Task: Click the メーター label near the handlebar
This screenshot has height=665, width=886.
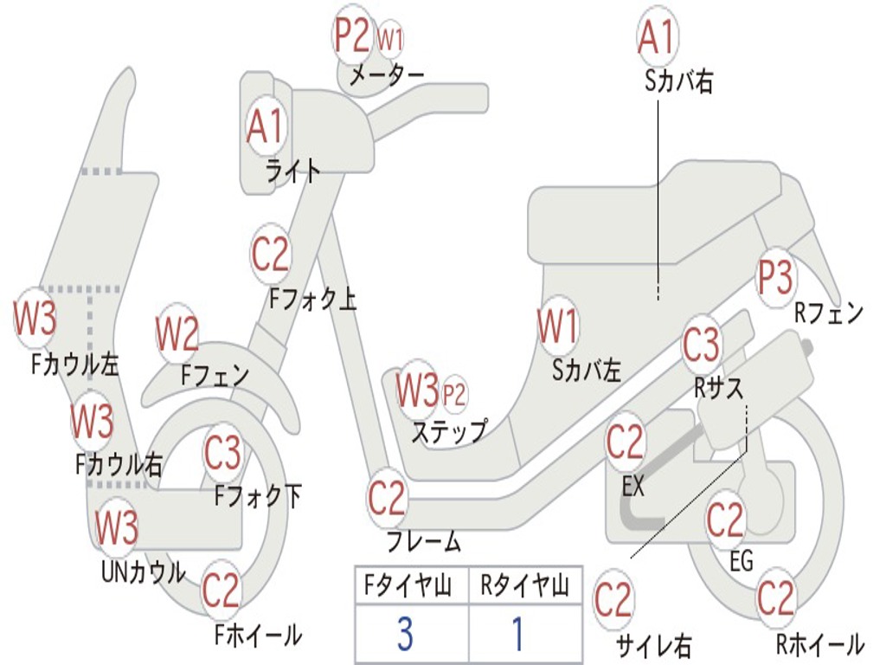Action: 386,76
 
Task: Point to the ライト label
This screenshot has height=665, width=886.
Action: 293,171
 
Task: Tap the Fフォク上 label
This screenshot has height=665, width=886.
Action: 312,300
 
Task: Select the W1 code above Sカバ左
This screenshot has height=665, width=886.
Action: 557,327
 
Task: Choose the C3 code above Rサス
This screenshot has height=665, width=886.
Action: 701,345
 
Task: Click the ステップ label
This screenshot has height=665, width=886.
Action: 448,430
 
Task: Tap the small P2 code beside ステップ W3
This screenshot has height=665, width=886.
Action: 454,395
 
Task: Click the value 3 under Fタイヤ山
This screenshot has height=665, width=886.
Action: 404,636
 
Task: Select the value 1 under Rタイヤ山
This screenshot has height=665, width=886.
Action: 517,636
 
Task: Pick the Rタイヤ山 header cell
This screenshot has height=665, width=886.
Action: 524,588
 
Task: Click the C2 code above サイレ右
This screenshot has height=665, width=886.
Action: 613,600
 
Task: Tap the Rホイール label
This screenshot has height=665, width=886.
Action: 819,644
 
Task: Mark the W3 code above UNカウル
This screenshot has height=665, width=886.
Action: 116,526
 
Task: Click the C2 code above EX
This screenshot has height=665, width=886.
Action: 625,442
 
